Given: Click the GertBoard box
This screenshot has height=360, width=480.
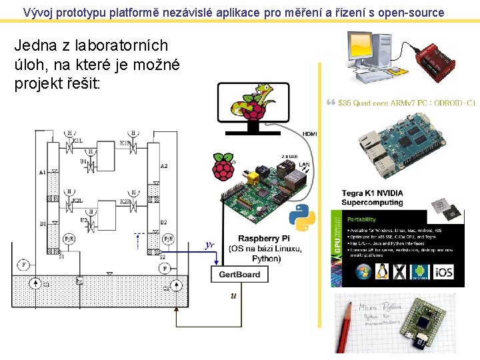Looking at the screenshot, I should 239,274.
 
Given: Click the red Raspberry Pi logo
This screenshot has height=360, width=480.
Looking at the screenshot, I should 224,167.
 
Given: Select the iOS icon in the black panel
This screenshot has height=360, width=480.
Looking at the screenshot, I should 445,271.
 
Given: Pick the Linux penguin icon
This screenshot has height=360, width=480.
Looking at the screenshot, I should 381,271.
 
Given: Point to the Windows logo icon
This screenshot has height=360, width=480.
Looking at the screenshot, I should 363,271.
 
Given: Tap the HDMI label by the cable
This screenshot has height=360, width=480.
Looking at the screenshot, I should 309,134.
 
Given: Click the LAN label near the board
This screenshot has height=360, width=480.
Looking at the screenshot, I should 304,164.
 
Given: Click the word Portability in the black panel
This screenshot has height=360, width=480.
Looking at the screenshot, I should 361,219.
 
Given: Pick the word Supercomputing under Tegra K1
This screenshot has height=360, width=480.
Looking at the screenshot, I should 372,202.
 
